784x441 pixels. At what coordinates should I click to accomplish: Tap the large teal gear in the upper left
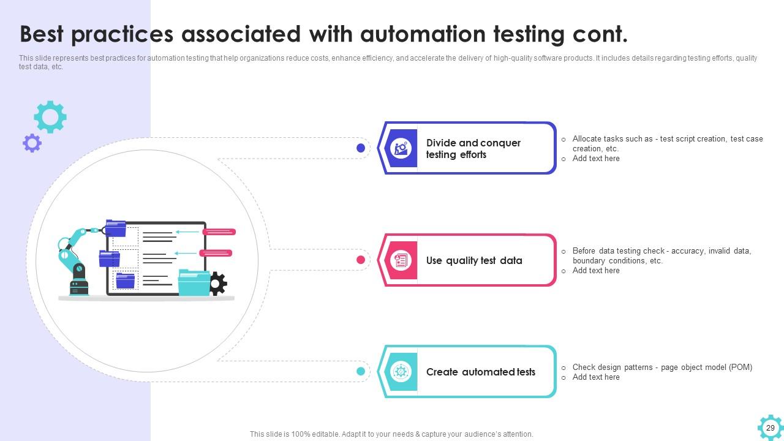[50, 116]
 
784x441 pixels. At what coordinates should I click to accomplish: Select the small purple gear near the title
[32, 143]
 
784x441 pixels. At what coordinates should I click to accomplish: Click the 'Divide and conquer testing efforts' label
[473, 149]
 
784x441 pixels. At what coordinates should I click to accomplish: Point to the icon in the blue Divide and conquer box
[401, 148]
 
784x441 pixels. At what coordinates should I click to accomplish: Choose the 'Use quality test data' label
[474, 260]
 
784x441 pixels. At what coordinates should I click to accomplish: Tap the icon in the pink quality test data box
[401, 260]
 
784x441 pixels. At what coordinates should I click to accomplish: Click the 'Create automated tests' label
[480, 372]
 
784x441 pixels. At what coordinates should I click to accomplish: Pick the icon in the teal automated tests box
[401, 372]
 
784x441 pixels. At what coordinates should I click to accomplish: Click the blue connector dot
[361, 148]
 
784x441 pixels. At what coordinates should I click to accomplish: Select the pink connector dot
[361, 260]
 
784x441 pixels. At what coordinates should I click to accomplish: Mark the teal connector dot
[361, 371]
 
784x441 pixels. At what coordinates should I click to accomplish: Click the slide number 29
[771, 428]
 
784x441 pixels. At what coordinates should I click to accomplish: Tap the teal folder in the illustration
[194, 283]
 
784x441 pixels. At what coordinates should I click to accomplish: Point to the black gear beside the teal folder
[217, 284]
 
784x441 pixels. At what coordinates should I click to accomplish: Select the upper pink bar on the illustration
[219, 232]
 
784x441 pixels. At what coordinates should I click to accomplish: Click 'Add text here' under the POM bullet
[596, 377]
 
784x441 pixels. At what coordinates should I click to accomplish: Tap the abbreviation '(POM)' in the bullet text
[740, 367]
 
